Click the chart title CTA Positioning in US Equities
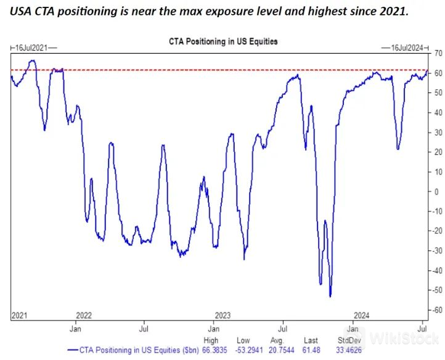[223, 42]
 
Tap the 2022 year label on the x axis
[83, 315]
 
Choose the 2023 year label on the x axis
[222, 315]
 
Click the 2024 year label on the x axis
[361, 315]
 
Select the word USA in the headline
[20, 12]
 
